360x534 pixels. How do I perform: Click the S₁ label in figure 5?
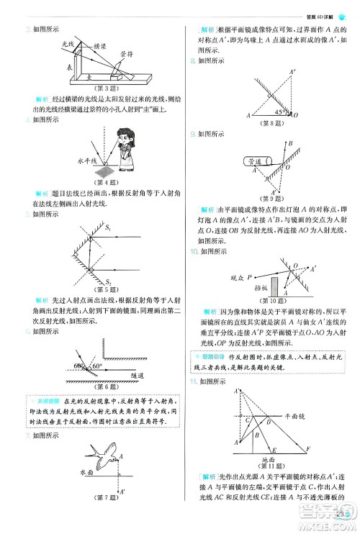tap(109, 228)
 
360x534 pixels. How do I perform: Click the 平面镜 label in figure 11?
tap(308, 415)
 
